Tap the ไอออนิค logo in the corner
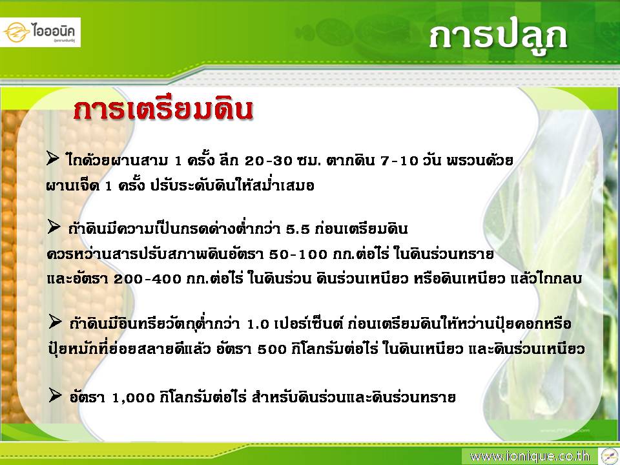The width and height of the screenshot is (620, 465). coord(40,32)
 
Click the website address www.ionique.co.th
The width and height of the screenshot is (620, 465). coord(529,457)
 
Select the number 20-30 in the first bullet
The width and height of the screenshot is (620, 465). coord(269,161)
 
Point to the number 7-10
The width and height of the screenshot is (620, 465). coord(399,161)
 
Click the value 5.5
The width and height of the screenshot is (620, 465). coord(298,229)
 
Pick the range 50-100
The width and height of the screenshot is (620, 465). coord(298,254)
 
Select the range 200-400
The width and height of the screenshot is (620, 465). coord(147,279)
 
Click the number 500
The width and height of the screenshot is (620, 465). coord(272,349)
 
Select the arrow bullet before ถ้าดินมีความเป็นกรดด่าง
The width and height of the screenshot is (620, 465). coord(54,227)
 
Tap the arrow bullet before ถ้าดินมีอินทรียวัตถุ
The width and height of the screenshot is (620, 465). coord(55,322)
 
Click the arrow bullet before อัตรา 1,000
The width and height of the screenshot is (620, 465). coord(55,395)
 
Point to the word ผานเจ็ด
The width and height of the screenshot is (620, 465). coord(72,185)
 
